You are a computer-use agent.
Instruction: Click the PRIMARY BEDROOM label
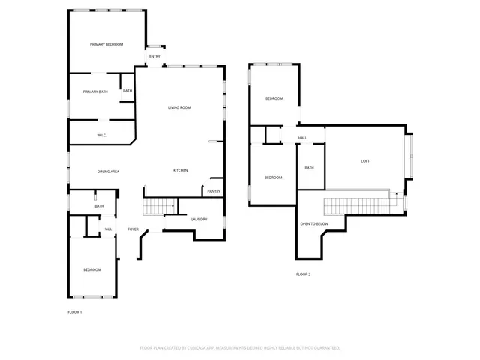[x=106, y=45]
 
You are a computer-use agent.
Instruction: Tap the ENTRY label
[x=154, y=57]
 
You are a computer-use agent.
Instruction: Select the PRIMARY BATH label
[x=95, y=91]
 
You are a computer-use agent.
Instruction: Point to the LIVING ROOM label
[x=179, y=107]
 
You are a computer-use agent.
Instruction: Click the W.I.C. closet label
[x=100, y=135]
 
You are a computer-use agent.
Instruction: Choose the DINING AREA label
[x=109, y=172]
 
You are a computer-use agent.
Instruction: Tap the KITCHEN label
[x=181, y=170]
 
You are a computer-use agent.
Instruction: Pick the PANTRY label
[x=214, y=191]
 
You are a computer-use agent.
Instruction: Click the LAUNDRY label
[x=199, y=219]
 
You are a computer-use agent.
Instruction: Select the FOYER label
[x=133, y=229]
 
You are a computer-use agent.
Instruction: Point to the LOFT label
[x=365, y=161]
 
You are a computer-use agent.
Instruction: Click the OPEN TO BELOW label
[x=314, y=224]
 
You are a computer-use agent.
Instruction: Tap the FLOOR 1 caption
[x=75, y=311]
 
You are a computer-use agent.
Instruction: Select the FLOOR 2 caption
[x=303, y=274]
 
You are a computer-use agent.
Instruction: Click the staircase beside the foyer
[x=159, y=205]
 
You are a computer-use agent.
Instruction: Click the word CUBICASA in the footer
[x=218, y=348]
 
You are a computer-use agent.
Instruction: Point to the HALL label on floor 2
[x=303, y=138]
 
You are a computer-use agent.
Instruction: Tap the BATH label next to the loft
[x=309, y=168]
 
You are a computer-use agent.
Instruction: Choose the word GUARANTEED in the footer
[x=325, y=348]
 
